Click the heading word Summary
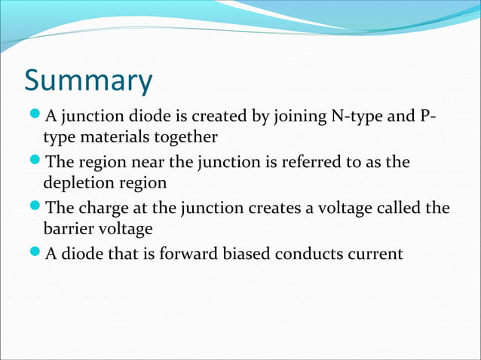pos(87,81)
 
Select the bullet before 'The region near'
pos(35,162)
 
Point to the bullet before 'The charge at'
pos(35,207)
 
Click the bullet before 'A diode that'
pos(35,253)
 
